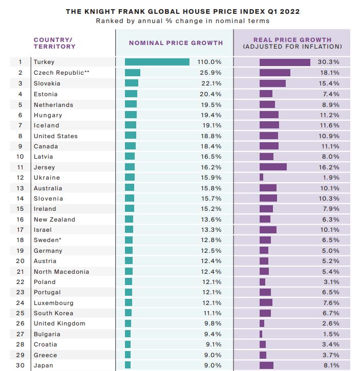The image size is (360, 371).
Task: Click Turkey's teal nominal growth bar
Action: [157, 62]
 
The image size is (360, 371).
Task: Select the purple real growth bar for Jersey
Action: [273, 167]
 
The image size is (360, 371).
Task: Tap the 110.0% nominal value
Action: [209, 62]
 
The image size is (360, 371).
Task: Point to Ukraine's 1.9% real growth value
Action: [331, 178]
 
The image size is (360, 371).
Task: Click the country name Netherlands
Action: [54, 105]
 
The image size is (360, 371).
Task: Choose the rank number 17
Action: [20, 230]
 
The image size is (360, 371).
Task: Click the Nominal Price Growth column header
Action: [176, 43]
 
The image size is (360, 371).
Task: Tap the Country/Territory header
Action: [54, 43]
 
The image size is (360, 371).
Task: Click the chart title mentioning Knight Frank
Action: [183, 11]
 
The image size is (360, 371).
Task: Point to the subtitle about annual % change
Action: [183, 21]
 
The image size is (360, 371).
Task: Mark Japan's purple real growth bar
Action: [266, 365]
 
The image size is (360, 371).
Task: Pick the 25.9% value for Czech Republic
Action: [211, 73]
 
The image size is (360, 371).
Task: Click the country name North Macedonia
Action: [61, 272]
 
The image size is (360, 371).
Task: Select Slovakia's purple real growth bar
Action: [272, 83]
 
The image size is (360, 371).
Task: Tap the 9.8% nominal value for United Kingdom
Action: [213, 323]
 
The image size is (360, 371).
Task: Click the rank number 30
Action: [20, 365]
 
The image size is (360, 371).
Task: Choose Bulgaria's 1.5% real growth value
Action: [331, 334]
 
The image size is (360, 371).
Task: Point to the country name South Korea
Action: [54, 313]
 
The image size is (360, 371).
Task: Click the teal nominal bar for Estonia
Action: [131, 94]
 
